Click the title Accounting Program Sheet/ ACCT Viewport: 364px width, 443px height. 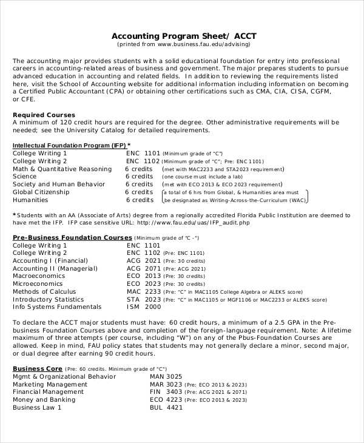click(x=183, y=35)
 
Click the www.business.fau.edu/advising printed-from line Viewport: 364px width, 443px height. click(x=183, y=44)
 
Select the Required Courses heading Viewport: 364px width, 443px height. click(x=44, y=115)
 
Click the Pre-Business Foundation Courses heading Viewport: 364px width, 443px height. click(x=72, y=238)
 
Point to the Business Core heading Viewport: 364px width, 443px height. click(x=38, y=368)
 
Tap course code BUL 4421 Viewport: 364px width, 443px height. click(x=166, y=408)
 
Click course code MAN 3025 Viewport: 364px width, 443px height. click(x=166, y=377)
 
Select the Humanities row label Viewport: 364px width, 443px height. click(x=30, y=200)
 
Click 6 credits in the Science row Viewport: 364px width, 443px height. click(x=140, y=177)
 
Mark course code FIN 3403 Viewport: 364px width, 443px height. click(x=166, y=392)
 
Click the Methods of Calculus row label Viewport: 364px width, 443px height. click(x=44, y=292)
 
